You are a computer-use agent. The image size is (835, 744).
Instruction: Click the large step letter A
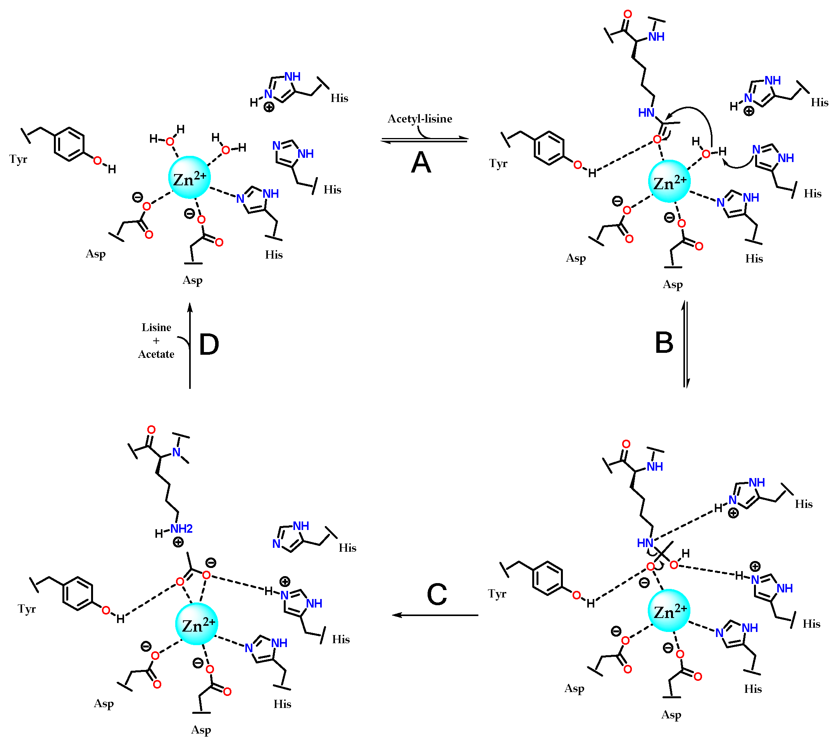[x=421, y=163]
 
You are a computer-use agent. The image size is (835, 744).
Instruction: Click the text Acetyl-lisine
[x=420, y=119]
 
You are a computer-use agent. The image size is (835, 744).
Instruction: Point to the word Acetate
[x=156, y=354]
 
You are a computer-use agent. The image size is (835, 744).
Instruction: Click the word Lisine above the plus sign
[x=156, y=328]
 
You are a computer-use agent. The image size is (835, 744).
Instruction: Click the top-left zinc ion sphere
[x=190, y=178]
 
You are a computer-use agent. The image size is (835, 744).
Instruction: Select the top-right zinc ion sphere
[x=669, y=181]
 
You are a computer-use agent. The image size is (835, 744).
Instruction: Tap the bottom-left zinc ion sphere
[x=197, y=623]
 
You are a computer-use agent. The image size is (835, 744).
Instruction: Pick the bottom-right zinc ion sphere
[x=669, y=610]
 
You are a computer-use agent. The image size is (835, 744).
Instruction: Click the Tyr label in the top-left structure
[x=18, y=159]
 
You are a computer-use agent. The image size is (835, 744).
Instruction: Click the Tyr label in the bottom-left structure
[x=27, y=609]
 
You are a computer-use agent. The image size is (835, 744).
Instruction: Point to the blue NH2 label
[x=181, y=528]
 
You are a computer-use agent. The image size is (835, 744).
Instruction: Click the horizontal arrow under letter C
[x=435, y=615]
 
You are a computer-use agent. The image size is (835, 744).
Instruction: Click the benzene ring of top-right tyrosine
[x=549, y=148]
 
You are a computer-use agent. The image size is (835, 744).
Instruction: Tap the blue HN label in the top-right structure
[x=646, y=113]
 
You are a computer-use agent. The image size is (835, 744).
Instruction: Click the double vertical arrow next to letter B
[x=686, y=345]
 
